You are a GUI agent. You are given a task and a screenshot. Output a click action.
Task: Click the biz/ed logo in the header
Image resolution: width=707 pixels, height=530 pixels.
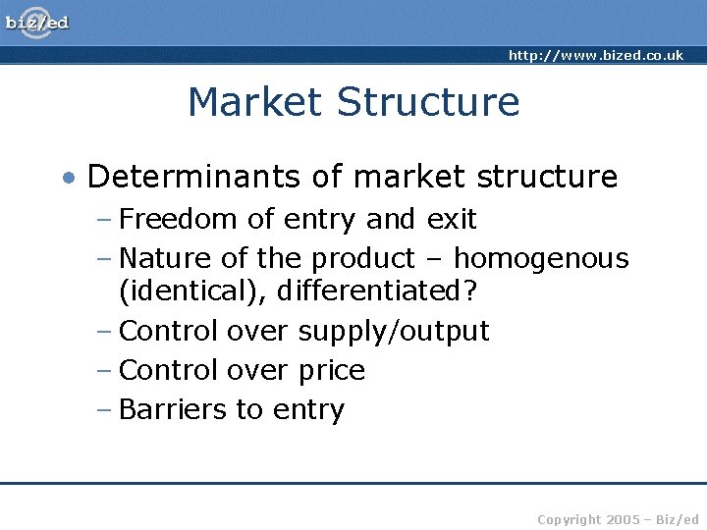37,22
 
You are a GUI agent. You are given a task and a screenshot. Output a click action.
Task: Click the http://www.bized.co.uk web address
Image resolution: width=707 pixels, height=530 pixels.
595,55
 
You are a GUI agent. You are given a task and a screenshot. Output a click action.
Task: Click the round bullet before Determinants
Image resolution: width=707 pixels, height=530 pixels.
68,178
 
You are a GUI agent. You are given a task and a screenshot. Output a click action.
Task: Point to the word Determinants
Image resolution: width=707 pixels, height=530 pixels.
190,177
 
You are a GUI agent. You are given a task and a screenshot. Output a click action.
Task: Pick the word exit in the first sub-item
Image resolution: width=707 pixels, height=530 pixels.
452,219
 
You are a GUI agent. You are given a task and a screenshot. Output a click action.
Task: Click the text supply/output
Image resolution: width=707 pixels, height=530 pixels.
393,332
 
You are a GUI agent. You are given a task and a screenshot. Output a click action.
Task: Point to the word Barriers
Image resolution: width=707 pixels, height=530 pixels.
173,409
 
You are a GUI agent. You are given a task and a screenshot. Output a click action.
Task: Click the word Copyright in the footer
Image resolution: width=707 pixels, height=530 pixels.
571,518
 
